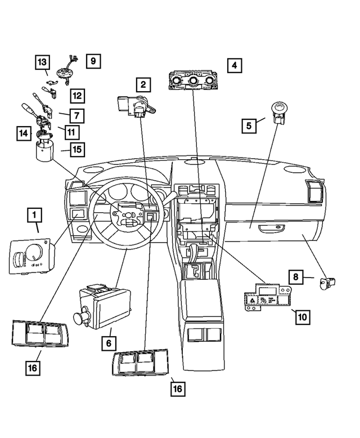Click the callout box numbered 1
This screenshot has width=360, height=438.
pyautogui.click(x=35, y=215)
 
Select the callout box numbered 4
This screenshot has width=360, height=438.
pyautogui.click(x=235, y=65)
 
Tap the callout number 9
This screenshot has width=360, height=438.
pyautogui.click(x=94, y=60)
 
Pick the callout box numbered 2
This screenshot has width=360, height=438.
pyautogui.click(x=143, y=85)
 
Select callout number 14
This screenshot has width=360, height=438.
pyautogui.click(x=23, y=133)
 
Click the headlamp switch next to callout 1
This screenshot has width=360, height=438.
pyautogui.click(x=31, y=257)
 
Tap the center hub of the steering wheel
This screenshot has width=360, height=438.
pyautogui.click(x=128, y=216)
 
